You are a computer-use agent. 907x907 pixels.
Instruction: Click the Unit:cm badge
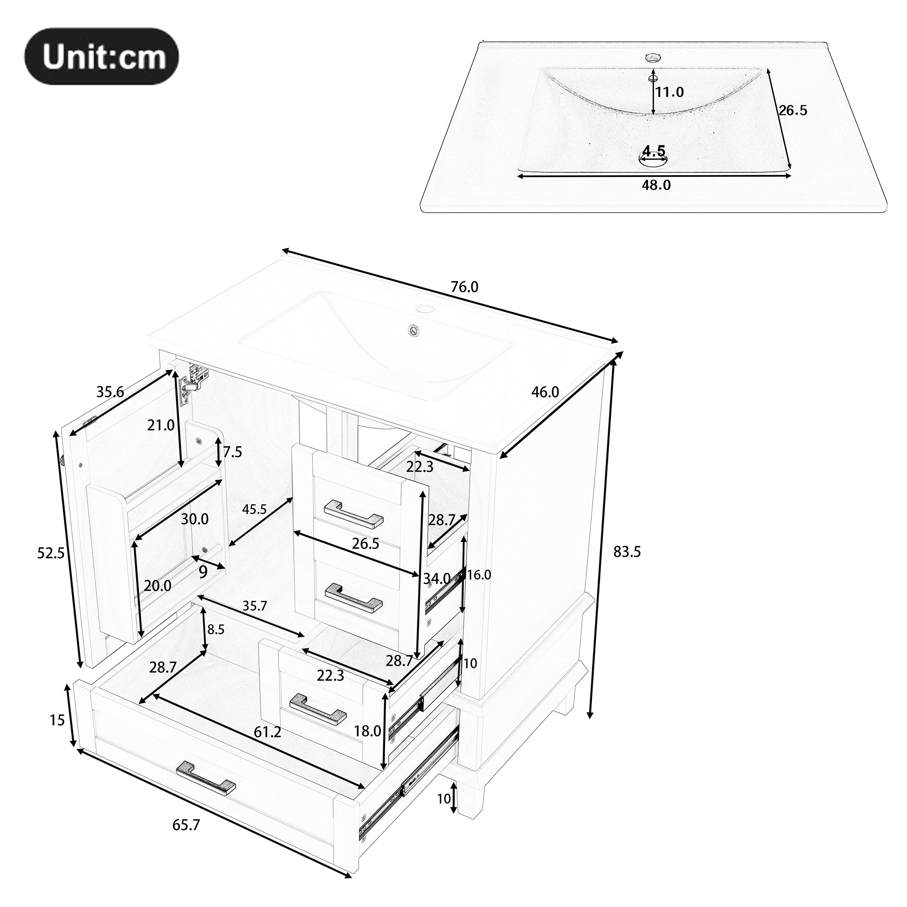(x=102, y=56)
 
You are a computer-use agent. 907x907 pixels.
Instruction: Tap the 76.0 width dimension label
(x=464, y=287)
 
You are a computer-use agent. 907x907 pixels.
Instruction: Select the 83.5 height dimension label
(x=627, y=551)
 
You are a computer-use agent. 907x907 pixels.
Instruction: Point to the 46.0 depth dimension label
(x=545, y=391)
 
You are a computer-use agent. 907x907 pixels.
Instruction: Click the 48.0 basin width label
(x=656, y=185)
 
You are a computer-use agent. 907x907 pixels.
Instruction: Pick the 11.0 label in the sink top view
(x=669, y=92)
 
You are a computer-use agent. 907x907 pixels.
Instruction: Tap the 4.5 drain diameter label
(x=654, y=151)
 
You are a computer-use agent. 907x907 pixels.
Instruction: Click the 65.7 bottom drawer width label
(x=186, y=825)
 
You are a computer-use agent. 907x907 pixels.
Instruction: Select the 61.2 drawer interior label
(x=267, y=731)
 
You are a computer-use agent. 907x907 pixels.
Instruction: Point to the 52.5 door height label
(x=51, y=553)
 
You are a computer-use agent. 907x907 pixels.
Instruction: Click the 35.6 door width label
(x=110, y=391)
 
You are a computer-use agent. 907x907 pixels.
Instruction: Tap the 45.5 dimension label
(x=254, y=509)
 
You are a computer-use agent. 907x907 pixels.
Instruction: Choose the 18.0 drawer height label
(x=367, y=731)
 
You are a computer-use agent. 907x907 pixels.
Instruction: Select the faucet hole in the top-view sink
(x=653, y=58)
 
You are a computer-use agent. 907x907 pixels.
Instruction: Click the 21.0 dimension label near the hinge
(x=161, y=425)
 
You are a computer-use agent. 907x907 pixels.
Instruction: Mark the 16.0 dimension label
(x=479, y=575)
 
